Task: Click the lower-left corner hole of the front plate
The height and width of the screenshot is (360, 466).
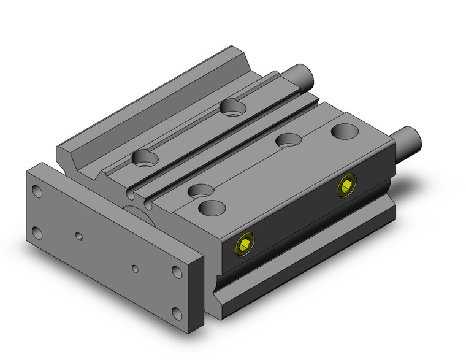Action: coord(38,231)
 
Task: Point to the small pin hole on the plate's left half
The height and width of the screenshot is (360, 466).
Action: coord(78,234)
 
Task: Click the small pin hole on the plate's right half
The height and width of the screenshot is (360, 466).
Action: coord(136,268)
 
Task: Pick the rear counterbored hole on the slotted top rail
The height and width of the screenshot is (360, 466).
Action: coord(233,108)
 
